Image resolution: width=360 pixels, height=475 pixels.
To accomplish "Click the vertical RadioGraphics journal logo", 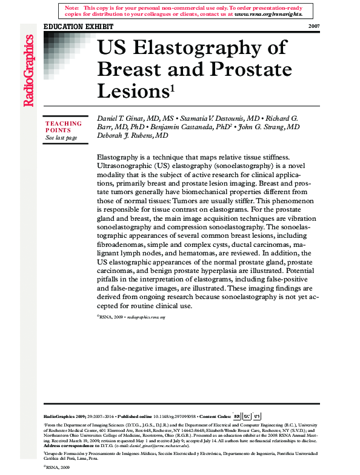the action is click(28, 71).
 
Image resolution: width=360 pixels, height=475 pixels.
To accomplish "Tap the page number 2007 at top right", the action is click(314, 27).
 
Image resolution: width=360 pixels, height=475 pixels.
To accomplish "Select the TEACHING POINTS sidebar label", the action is click(63, 127).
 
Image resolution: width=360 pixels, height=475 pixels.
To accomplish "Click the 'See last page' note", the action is click(61, 138).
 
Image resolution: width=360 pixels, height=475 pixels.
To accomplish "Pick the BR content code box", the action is click(236, 417).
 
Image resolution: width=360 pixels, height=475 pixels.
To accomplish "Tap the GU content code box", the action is click(247, 417).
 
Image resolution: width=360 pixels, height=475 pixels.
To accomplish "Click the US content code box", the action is click(257, 417).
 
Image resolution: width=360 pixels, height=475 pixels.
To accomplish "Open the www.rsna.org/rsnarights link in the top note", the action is click(268, 13).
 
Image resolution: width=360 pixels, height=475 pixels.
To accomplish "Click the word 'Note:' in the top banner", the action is click(72, 7).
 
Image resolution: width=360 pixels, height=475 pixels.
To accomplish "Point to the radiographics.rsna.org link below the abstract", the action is click(145, 317).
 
